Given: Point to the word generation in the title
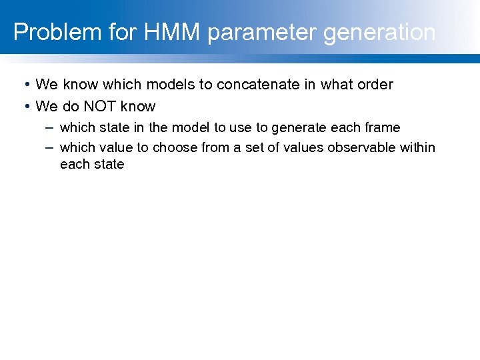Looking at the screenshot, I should coord(380,32).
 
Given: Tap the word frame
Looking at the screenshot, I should coord(383,127).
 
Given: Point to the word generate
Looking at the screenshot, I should coord(299,127).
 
